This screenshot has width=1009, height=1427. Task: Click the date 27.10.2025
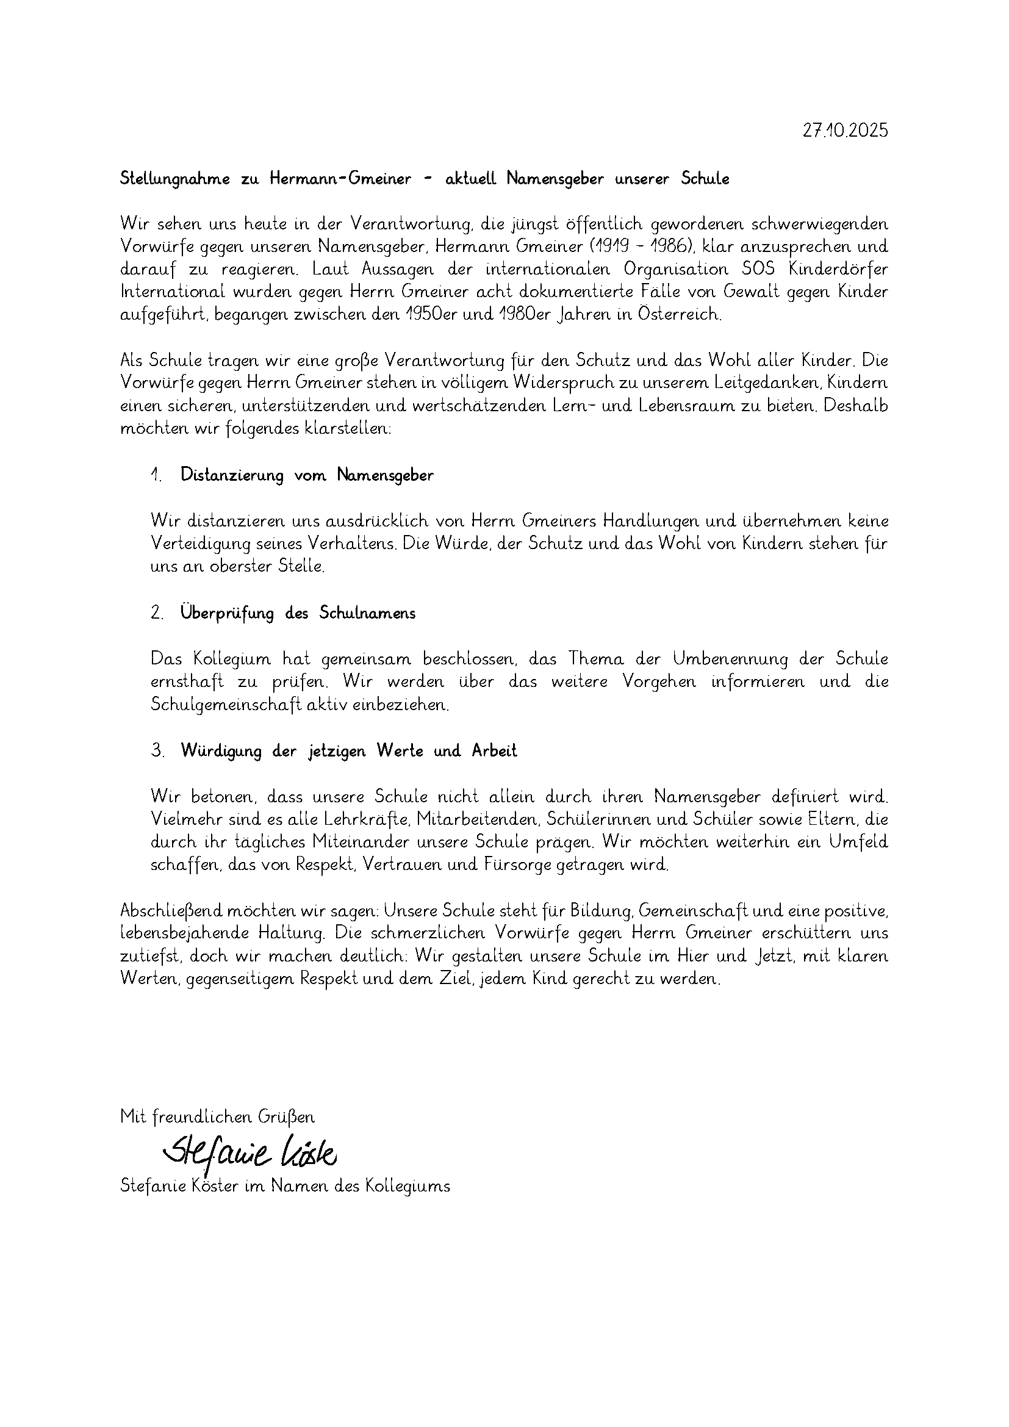(845, 131)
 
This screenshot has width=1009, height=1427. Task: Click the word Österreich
(679, 314)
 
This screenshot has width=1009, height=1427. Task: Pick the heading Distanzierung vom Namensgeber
(307, 475)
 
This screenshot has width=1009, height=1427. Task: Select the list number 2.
(157, 613)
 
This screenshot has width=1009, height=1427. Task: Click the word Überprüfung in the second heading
(227, 613)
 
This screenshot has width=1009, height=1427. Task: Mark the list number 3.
(157, 751)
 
